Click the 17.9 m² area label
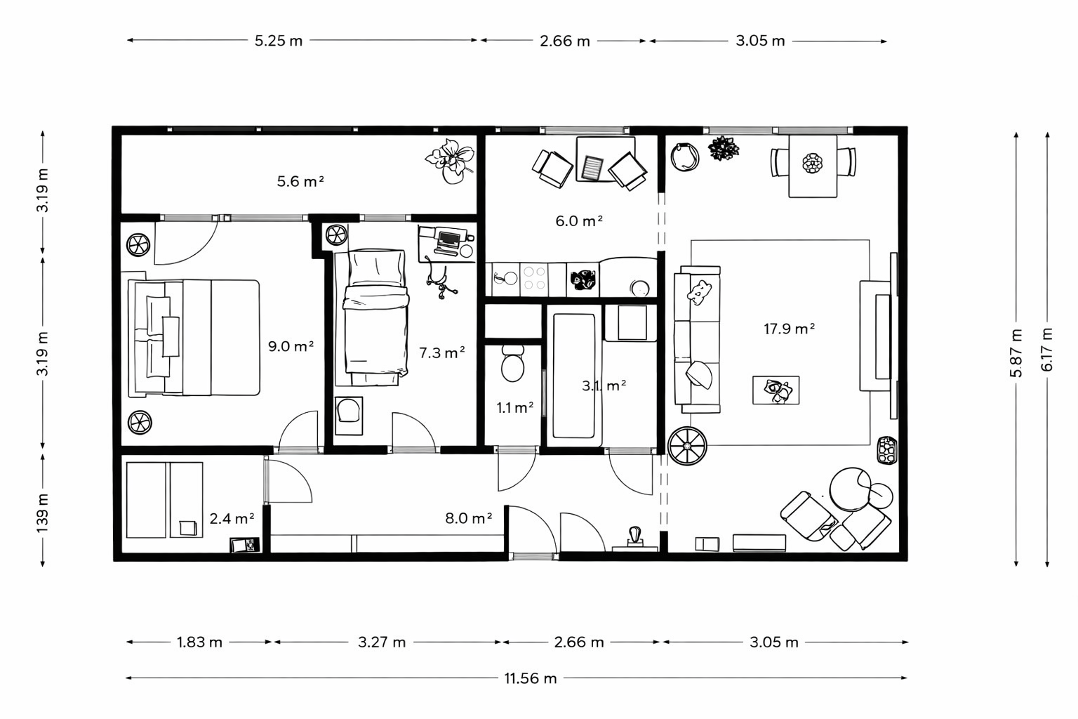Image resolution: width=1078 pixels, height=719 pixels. coord(790,329)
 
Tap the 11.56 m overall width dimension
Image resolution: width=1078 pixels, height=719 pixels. coord(531,678)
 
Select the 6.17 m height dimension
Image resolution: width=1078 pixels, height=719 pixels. coord(1046,349)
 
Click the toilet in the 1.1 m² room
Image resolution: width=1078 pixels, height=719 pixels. coord(512,363)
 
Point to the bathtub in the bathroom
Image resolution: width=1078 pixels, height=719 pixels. coord(574,376)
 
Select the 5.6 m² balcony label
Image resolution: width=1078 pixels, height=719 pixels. coord(300,181)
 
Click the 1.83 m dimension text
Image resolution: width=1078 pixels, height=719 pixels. coord(200,642)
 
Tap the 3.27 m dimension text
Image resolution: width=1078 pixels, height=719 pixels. coord(382,642)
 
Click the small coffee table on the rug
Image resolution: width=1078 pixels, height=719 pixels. coord(776,390)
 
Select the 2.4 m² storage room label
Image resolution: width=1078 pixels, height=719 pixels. coord(232,518)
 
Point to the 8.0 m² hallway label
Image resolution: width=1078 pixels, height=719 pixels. coord(468,518)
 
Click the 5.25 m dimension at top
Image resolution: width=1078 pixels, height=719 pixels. coord(279,41)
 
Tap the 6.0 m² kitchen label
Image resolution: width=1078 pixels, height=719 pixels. coord(579,221)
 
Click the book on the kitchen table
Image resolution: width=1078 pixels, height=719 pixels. coord(592,168)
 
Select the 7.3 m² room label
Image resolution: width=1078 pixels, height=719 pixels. coord(441,352)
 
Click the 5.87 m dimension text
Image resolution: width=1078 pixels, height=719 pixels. coord(1016,352)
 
